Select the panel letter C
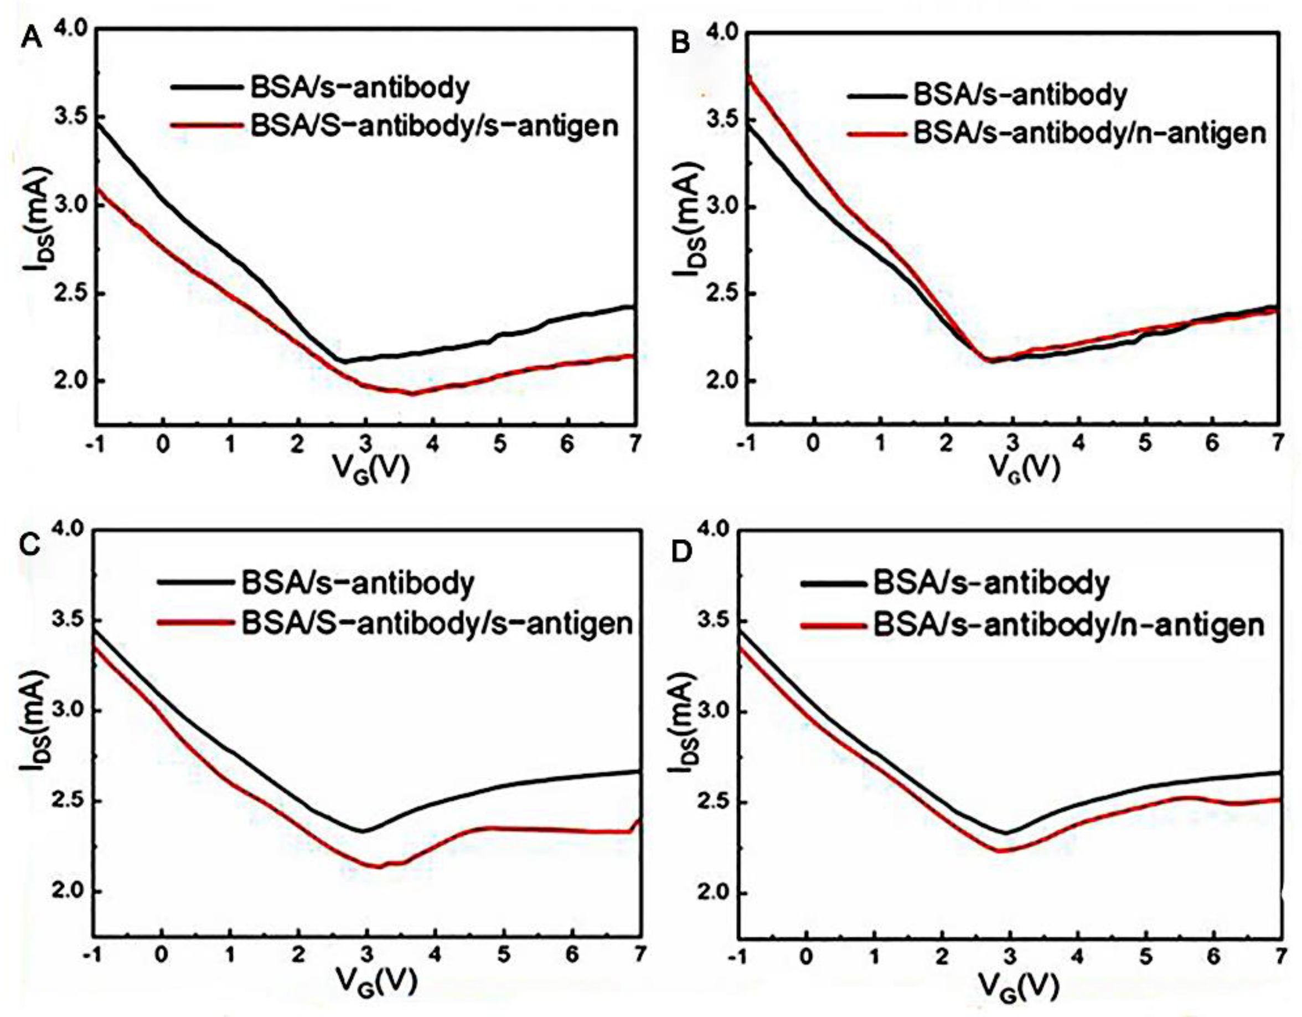click(x=31, y=544)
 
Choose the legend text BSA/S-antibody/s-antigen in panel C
click(x=436, y=623)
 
